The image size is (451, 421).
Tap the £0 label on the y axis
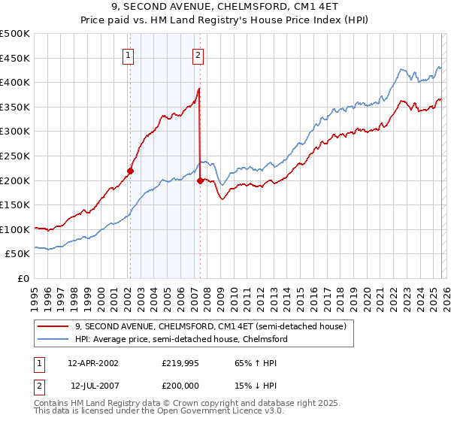click(23, 278)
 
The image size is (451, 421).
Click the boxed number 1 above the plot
click(129, 55)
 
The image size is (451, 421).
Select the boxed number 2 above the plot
click(198, 55)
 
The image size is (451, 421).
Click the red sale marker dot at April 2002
click(130, 171)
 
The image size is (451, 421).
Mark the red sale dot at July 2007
click(200, 180)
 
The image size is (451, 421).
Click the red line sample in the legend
click(53, 326)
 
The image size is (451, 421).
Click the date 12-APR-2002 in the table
click(92, 362)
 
